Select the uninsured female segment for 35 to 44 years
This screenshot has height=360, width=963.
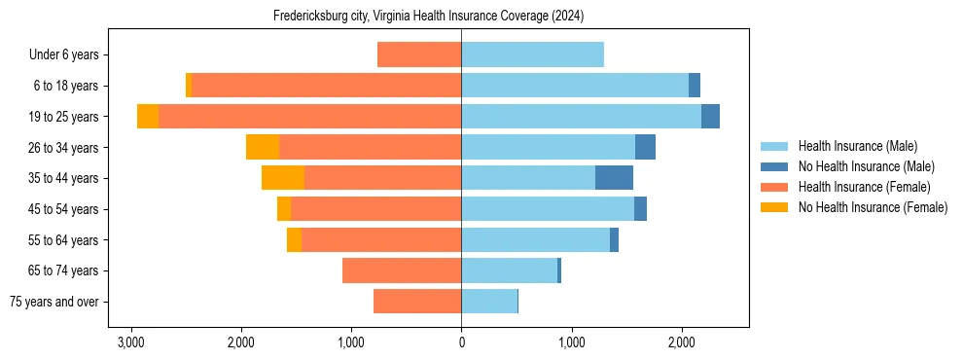point(283,178)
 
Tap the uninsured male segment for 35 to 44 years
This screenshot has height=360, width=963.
point(614,178)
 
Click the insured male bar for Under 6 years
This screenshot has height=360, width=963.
point(532,54)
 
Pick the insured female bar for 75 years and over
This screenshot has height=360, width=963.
point(417,302)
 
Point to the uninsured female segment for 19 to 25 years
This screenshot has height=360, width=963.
point(148,117)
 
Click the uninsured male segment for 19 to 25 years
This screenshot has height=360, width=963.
point(710,117)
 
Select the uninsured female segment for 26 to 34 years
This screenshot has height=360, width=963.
point(263,147)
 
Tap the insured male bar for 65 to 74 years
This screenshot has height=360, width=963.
point(509,270)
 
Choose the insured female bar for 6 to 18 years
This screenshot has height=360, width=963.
point(326,86)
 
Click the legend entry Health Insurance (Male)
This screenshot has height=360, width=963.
point(857,146)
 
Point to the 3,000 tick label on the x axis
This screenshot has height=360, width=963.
point(130,342)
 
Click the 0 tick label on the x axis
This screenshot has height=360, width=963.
point(461,342)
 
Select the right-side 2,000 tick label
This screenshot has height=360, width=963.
point(682,342)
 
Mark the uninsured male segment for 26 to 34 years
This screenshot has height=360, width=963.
point(645,147)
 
